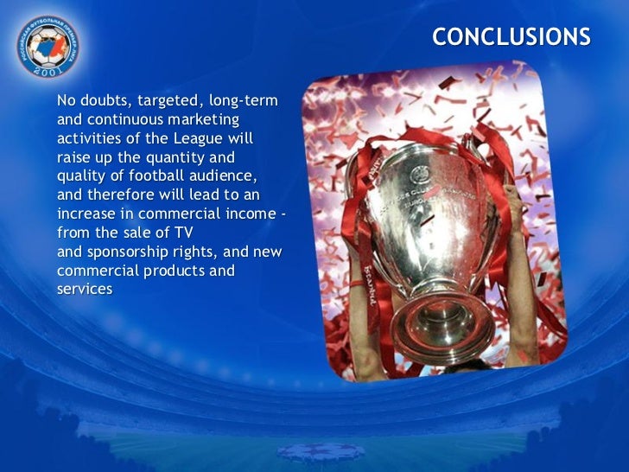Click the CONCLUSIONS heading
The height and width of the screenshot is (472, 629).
(511, 37)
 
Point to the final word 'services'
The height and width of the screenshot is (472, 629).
(85, 289)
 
